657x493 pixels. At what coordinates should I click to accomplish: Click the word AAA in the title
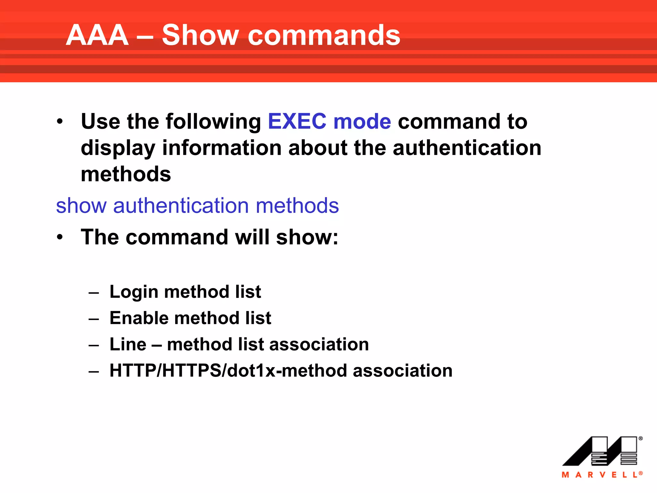point(97,35)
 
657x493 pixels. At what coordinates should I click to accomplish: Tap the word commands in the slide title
point(324,35)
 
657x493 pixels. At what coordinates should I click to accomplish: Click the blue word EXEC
point(297,122)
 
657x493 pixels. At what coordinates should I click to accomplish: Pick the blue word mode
point(362,122)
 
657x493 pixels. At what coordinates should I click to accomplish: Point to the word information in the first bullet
point(222,148)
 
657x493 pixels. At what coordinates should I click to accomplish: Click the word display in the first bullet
point(118,149)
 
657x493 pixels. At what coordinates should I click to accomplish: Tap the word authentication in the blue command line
point(181,206)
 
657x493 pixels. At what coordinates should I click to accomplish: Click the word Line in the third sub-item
point(128,344)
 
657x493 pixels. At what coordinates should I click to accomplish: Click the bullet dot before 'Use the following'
point(60,122)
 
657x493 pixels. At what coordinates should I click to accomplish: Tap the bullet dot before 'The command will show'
point(60,238)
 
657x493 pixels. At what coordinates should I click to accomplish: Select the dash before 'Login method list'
point(94,293)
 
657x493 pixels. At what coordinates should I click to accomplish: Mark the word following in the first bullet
point(213,122)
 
